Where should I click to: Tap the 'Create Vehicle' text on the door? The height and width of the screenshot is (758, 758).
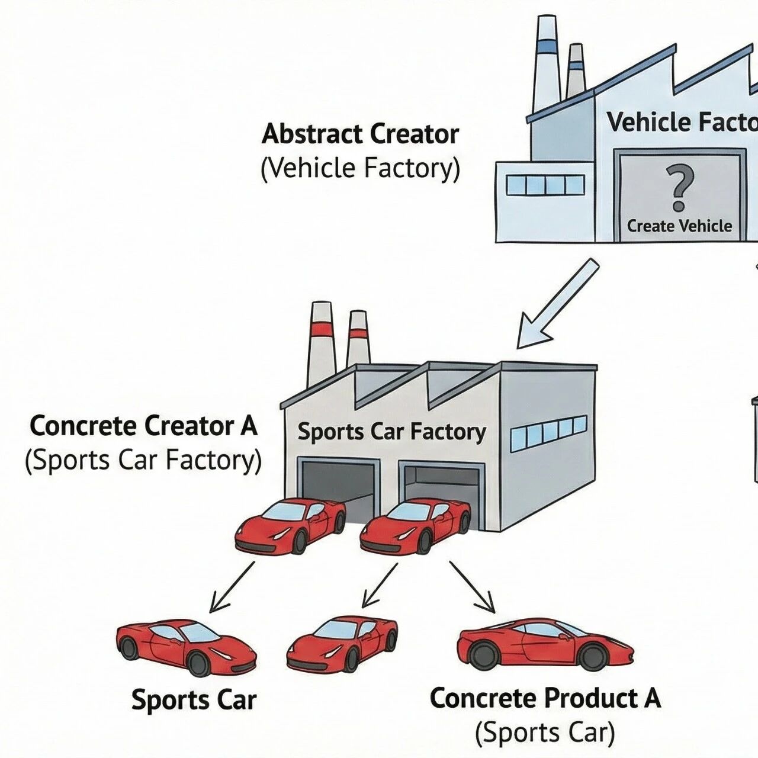(679, 226)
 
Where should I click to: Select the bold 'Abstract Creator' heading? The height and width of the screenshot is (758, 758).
(360, 134)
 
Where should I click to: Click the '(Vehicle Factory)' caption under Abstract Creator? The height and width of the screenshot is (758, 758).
(360, 168)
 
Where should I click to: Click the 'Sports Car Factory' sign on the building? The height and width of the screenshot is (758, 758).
(391, 432)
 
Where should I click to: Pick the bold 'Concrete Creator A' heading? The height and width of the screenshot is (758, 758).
(143, 426)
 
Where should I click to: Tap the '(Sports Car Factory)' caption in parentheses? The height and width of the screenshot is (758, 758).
(143, 461)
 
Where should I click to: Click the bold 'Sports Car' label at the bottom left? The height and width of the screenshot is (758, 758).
(194, 700)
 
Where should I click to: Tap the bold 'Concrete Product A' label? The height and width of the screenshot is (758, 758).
(545, 698)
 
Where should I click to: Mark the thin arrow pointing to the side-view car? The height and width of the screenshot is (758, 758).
(473, 587)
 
